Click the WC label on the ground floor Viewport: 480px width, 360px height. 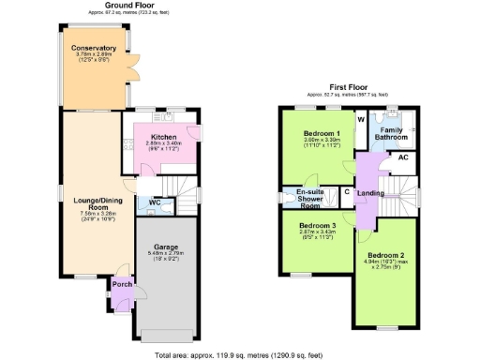(156, 202)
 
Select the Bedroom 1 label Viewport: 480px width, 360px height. (320, 134)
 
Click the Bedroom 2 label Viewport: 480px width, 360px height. (385, 256)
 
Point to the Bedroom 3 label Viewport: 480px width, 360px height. (318, 226)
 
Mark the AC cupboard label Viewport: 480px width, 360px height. (403, 157)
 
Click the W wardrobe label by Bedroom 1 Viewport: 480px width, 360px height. (360, 120)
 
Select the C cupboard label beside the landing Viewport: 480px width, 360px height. (347, 193)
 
